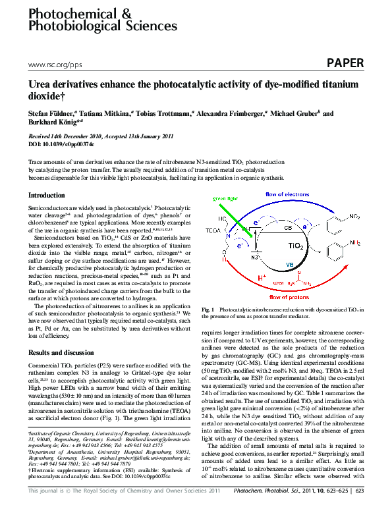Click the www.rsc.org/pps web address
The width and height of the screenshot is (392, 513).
click(x=55, y=65)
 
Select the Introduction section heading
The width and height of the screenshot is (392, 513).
click(x=47, y=196)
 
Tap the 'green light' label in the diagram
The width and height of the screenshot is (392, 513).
click(x=225, y=198)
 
